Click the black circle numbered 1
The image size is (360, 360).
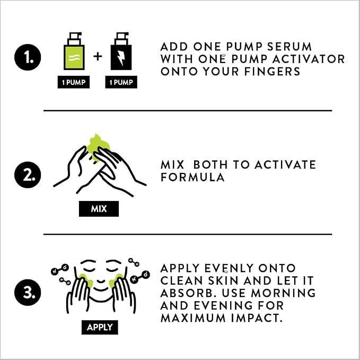[28, 57]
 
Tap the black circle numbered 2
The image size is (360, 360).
[28, 175]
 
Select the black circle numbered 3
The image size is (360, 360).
[28, 293]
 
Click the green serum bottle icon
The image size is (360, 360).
[74, 51]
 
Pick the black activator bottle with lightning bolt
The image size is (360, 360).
[121, 51]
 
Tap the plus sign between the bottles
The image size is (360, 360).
[98, 56]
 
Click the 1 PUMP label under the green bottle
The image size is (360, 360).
[74, 82]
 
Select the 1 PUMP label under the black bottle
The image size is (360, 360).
[121, 82]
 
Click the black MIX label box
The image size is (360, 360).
[99, 209]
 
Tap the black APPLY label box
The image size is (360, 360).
[100, 327]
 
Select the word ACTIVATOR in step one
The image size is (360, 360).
[309, 59]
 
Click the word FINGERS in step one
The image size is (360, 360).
[273, 72]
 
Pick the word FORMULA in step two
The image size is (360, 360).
[192, 177]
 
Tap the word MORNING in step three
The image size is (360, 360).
[284, 293]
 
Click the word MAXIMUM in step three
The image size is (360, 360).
[193, 318]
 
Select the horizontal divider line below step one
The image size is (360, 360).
[188, 111]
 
